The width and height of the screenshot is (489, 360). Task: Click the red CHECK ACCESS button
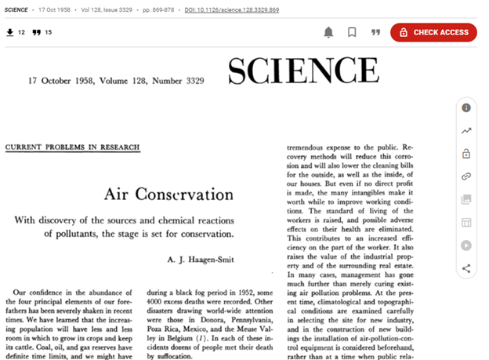pyautogui.click(x=433, y=32)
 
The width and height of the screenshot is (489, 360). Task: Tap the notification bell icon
pyautogui.click(x=328, y=32)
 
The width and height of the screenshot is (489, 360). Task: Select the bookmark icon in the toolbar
pyautogui.click(x=352, y=32)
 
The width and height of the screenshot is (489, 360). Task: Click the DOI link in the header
pyautogui.click(x=231, y=9)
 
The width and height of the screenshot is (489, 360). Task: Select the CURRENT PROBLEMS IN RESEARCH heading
pyautogui.click(x=73, y=147)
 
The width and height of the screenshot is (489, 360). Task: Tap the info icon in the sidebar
pyautogui.click(x=466, y=107)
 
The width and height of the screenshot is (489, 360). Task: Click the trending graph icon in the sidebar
pyautogui.click(x=466, y=130)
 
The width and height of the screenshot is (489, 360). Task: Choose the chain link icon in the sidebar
pyautogui.click(x=466, y=176)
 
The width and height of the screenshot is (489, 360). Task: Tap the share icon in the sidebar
pyautogui.click(x=466, y=268)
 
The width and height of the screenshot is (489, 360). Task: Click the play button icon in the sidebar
pyautogui.click(x=466, y=245)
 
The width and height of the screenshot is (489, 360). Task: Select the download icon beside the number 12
pyautogui.click(x=10, y=32)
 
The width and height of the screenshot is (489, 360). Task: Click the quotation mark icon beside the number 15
pyautogui.click(x=36, y=32)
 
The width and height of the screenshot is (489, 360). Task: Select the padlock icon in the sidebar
pyautogui.click(x=466, y=154)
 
